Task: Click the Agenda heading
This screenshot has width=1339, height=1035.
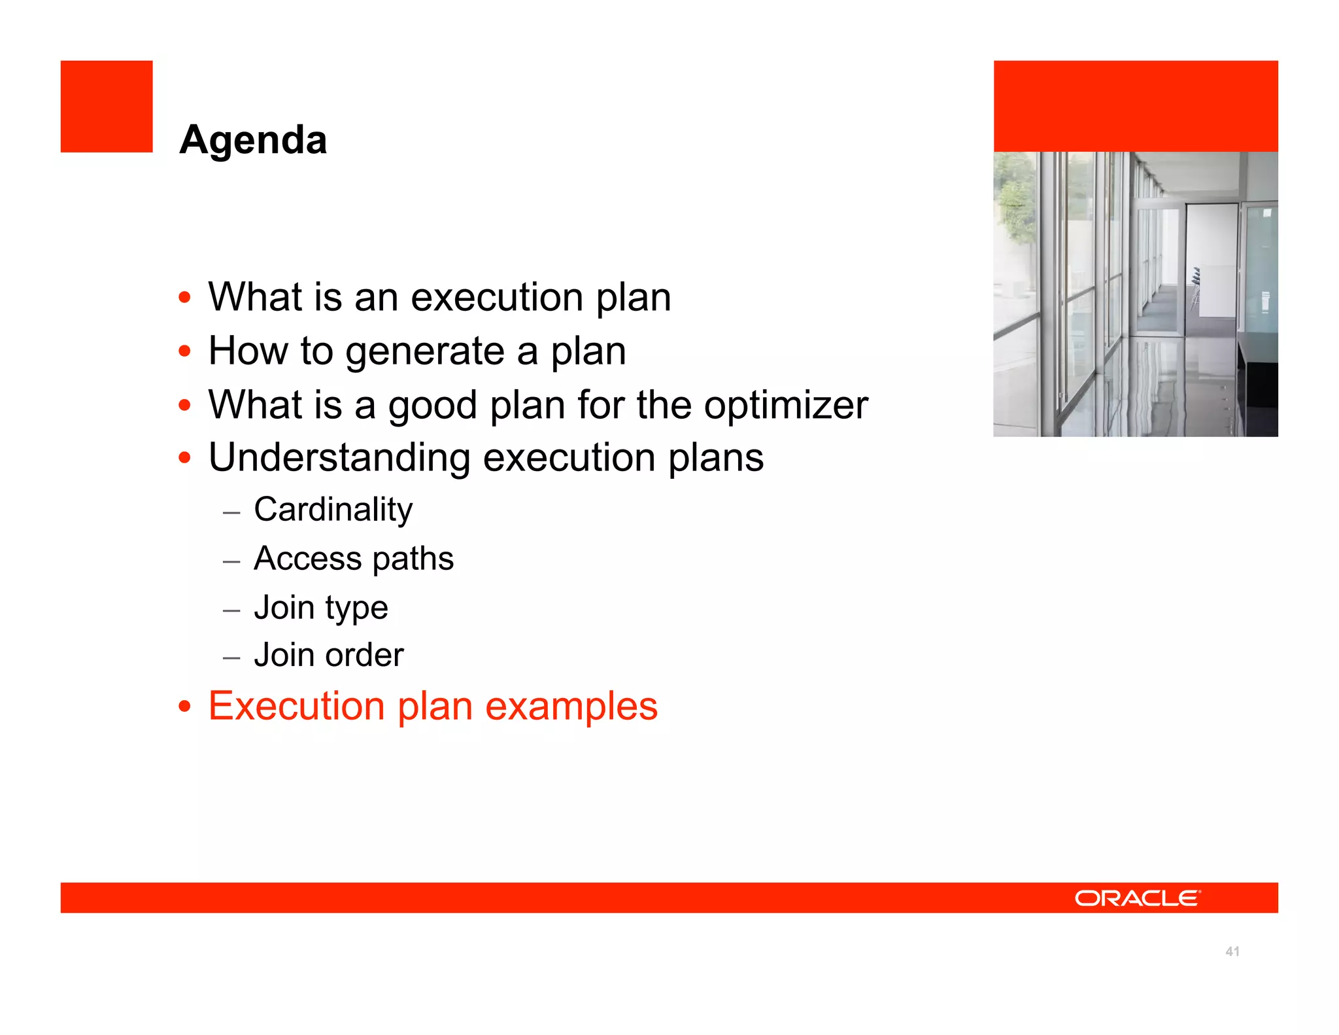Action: coord(253,140)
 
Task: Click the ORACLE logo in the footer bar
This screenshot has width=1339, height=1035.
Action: coord(1137,898)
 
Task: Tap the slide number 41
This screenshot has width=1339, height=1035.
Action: coord(1232,951)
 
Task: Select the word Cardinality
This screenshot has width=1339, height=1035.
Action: coord(333,509)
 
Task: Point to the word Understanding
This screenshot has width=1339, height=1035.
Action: coord(339,457)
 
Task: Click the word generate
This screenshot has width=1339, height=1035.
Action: coord(425,351)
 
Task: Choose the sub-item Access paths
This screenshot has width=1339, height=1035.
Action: coord(354,558)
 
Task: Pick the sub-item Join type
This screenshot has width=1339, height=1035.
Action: coord(321,607)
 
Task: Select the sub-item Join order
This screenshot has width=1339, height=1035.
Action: coord(329,655)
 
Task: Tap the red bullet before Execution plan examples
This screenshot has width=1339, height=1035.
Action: coord(185,707)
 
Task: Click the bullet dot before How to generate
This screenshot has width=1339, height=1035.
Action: coord(185,351)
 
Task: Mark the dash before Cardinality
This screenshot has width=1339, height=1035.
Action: coord(231,512)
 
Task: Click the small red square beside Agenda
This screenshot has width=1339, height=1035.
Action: coord(107,107)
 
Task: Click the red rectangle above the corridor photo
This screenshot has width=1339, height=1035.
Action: coord(1136,106)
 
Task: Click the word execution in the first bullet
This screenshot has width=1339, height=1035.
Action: coord(497,297)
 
